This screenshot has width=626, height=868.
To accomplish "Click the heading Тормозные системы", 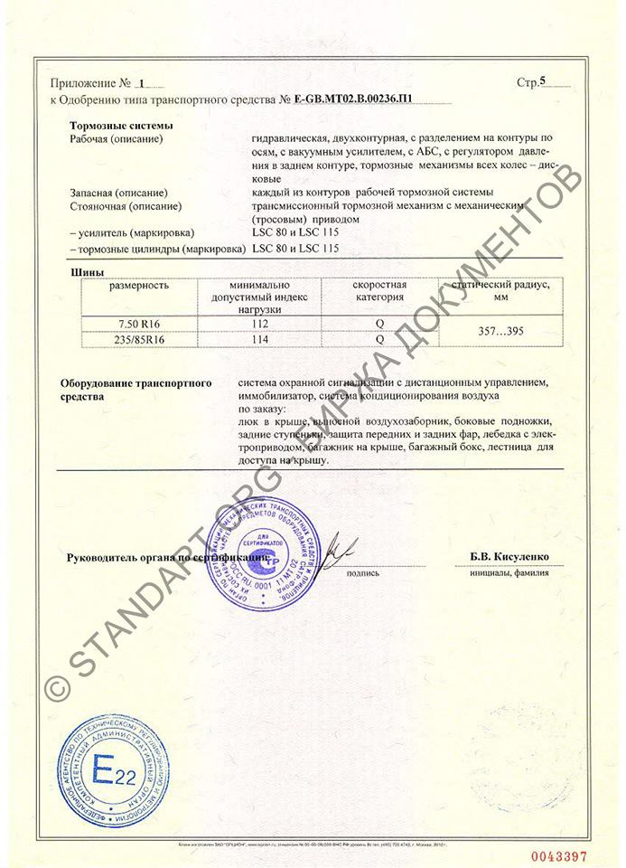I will (121, 126).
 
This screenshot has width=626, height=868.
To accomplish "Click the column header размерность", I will (139, 286).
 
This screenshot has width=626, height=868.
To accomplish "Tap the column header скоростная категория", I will (379, 291).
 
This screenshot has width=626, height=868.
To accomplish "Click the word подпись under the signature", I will (361, 573).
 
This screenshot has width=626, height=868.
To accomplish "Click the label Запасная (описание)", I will (117, 193).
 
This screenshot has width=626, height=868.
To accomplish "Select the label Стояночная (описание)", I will (122, 207).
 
